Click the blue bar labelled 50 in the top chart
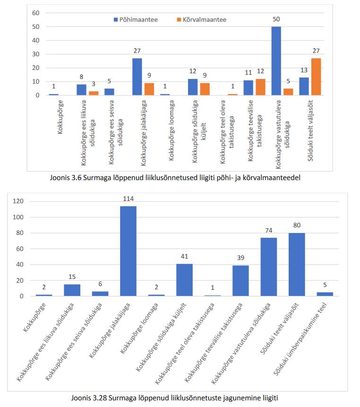276,61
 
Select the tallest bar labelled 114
128,251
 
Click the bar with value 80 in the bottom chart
296,265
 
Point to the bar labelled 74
268,267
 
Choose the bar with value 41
184,280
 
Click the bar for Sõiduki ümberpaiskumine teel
325,294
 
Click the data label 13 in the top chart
304,70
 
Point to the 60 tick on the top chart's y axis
35,13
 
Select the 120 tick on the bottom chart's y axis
18,201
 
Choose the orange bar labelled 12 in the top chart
260,87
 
